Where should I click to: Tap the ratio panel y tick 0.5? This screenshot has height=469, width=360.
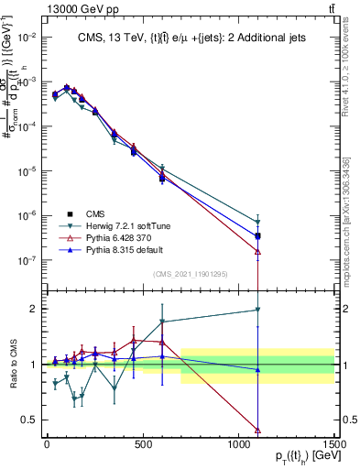[28, 420]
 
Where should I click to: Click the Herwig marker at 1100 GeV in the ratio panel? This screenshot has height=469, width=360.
[258, 311]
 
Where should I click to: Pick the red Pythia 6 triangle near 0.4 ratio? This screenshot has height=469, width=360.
[258, 430]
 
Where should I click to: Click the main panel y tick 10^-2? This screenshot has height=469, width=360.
[27, 37]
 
